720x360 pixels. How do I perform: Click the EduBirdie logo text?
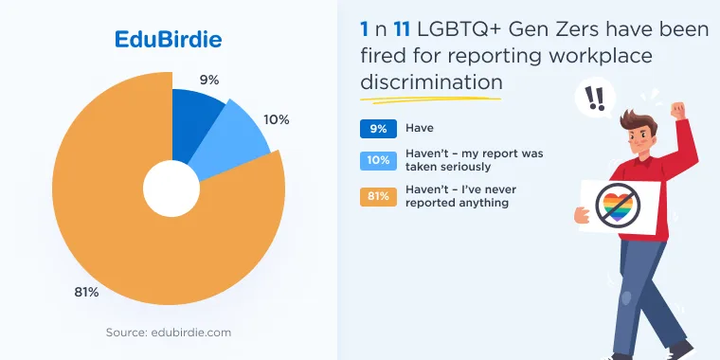pos(168,40)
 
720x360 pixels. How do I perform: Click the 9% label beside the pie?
pos(209,81)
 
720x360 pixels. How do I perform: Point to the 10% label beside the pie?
pos(277,120)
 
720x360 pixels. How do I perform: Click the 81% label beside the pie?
pos(86,292)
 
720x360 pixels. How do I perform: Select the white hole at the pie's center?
pos(171,189)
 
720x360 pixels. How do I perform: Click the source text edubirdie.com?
pos(169,333)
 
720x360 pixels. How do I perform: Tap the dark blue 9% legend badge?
pos(378,129)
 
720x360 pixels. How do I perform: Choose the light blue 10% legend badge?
pos(378,160)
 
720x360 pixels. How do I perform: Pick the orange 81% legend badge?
pos(378,196)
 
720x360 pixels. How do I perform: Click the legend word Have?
pos(420,128)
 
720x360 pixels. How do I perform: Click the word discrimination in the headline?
pos(431,82)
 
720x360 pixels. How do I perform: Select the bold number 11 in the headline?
pos(402,30)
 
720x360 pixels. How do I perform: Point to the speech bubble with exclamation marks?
pos(596,99)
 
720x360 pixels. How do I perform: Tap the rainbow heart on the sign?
pos(618,207)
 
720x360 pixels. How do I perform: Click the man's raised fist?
pos(677,111)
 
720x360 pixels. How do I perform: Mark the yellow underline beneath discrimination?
pos(430,99)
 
